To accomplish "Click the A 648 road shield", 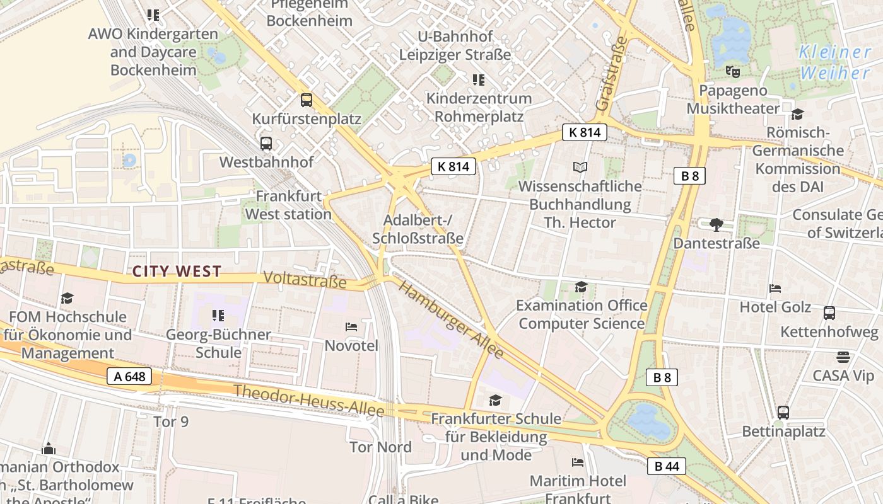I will tap(129, 377).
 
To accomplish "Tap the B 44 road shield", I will tap(666, 466).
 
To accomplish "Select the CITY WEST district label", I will tap(177, 272).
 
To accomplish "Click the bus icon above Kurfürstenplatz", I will tap(307, 100).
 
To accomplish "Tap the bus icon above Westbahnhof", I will tap(266, 143).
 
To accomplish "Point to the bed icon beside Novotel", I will tap(351, 326).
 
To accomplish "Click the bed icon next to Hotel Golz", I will tap(775, 289).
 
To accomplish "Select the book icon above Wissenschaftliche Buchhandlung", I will tap(580, 167).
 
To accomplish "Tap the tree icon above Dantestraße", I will tap(716, 224).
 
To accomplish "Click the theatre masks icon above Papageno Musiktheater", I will tap(732, 71).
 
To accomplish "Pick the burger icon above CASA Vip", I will tap(843, 357).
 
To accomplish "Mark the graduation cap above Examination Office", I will tap(581, 287).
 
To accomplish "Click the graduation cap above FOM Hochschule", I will tap(67, 298).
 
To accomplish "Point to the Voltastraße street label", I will tap(305, 279).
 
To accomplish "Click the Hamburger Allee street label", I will tap(452, 320).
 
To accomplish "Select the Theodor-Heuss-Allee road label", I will tap(308, 400).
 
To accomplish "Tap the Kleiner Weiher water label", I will tap(834, 62).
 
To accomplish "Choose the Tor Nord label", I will tap(380, 447).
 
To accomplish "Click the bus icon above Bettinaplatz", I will tap(783, 413).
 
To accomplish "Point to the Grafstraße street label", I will tap(612, 74).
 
